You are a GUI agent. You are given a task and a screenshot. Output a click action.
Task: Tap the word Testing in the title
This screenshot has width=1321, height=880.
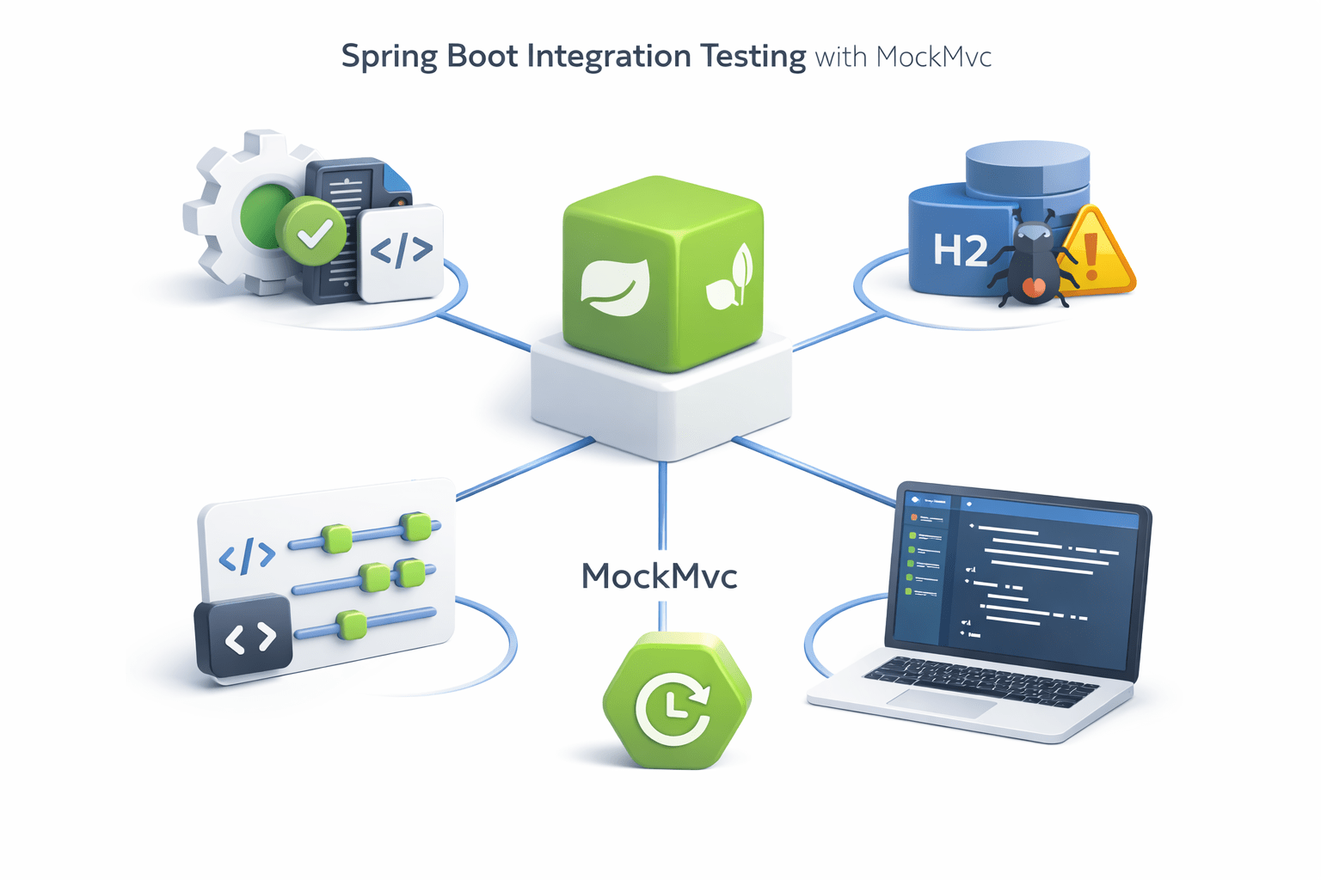click(x=753, y=57)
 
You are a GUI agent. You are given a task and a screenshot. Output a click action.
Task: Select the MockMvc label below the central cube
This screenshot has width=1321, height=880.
click(x=660, y=576)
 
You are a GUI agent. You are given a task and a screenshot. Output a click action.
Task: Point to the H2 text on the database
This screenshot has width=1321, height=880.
click(x=960, y=251)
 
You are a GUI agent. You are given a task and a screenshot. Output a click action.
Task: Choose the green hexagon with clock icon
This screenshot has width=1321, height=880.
click(x=677, y=700)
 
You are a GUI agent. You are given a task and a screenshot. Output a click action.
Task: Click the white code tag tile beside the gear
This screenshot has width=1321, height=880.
click(x=402, y=251)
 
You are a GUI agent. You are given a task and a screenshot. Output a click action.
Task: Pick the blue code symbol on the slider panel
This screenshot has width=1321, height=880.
click(x=248, y=556)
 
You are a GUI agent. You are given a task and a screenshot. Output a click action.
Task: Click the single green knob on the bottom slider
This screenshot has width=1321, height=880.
click(x=352, y=625)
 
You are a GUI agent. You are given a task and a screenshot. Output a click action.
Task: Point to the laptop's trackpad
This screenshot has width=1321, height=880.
click(x=943, y=701)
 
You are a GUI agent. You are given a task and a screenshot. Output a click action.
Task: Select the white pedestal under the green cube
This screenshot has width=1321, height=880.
click(x=660, y=404)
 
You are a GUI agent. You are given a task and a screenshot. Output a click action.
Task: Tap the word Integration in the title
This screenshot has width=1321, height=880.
click(x=608, y=57)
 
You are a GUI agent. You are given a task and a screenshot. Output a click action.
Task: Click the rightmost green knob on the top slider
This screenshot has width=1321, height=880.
click(x=416, y=526)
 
